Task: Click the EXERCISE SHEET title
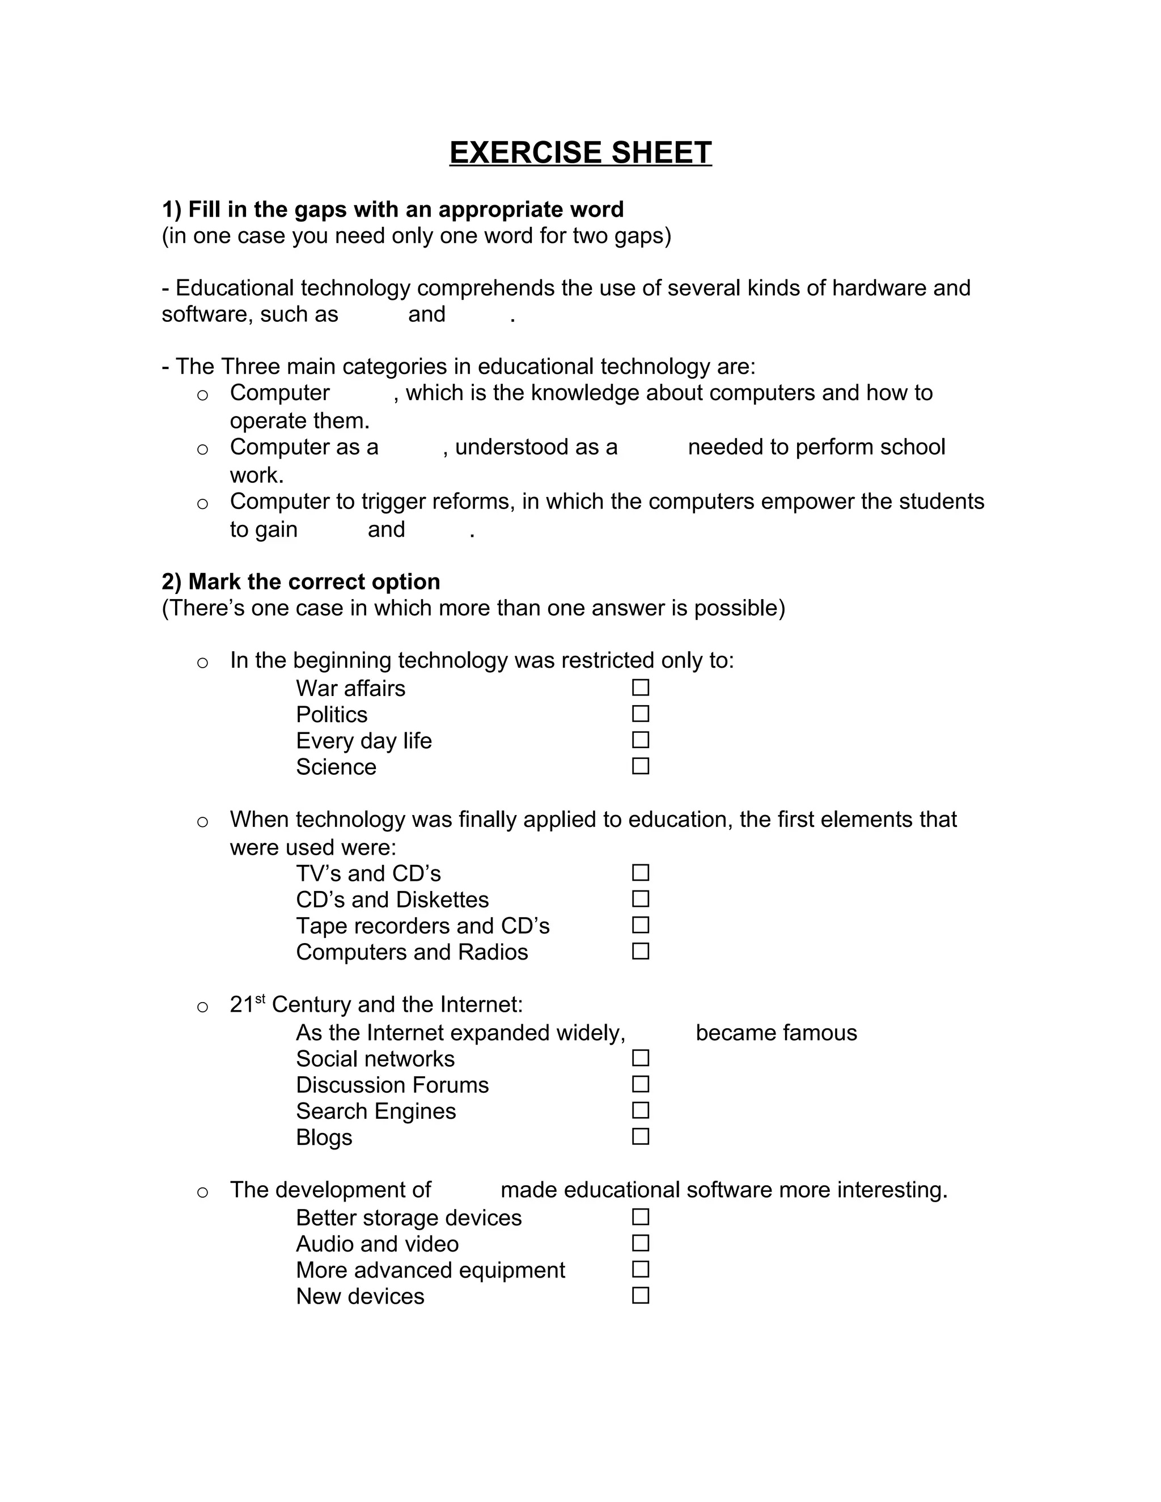click(580, 152)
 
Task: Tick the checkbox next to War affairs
click(641, 687)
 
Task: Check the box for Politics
click(641, 713)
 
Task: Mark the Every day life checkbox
click(641, 739)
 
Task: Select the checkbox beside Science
click(641, 765)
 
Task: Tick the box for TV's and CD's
click(641, 872)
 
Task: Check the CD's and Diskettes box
click(641, 898)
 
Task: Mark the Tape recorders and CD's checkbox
click(641, 924)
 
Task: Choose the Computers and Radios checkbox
click(641, 951)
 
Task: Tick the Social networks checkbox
click(641, 1057)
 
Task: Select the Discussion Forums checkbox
click(641, 1083)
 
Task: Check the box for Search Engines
click(641, 1109)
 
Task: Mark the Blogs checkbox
click(641, 1135)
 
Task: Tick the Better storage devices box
click(641, 1216)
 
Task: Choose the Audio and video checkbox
click(641, 1243)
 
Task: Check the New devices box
click(641, 1295)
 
